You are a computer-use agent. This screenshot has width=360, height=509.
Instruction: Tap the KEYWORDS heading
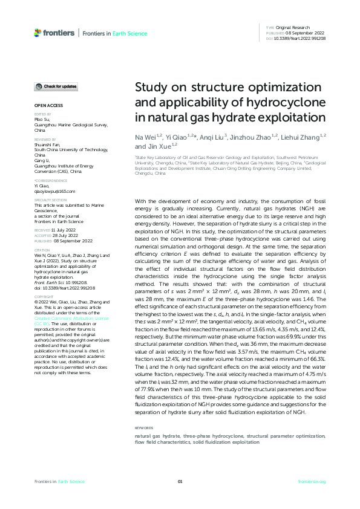pos(143,427)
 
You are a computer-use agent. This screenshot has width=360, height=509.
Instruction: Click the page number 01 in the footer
pos(180,481)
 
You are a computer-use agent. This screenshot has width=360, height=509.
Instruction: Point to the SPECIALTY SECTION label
pos(48,200)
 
